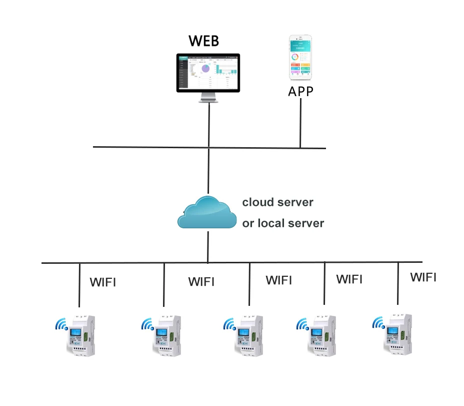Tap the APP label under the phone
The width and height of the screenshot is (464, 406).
(x=300, y=91)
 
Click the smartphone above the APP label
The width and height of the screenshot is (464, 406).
(x=300, y=58)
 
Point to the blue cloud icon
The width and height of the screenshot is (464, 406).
(x=207, y=213)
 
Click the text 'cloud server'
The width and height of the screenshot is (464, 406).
(x=277, y=203)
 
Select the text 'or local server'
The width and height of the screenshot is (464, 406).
(x=283, y=223)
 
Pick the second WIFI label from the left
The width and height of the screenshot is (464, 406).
(x=201, y=282)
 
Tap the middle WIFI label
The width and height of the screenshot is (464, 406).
(x=279, y=280)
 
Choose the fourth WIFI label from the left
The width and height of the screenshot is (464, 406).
(x=349, y=279)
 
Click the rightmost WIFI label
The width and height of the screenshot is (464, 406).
(x=423, y=277)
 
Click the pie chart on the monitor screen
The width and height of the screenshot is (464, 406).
(x=204, y=69)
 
